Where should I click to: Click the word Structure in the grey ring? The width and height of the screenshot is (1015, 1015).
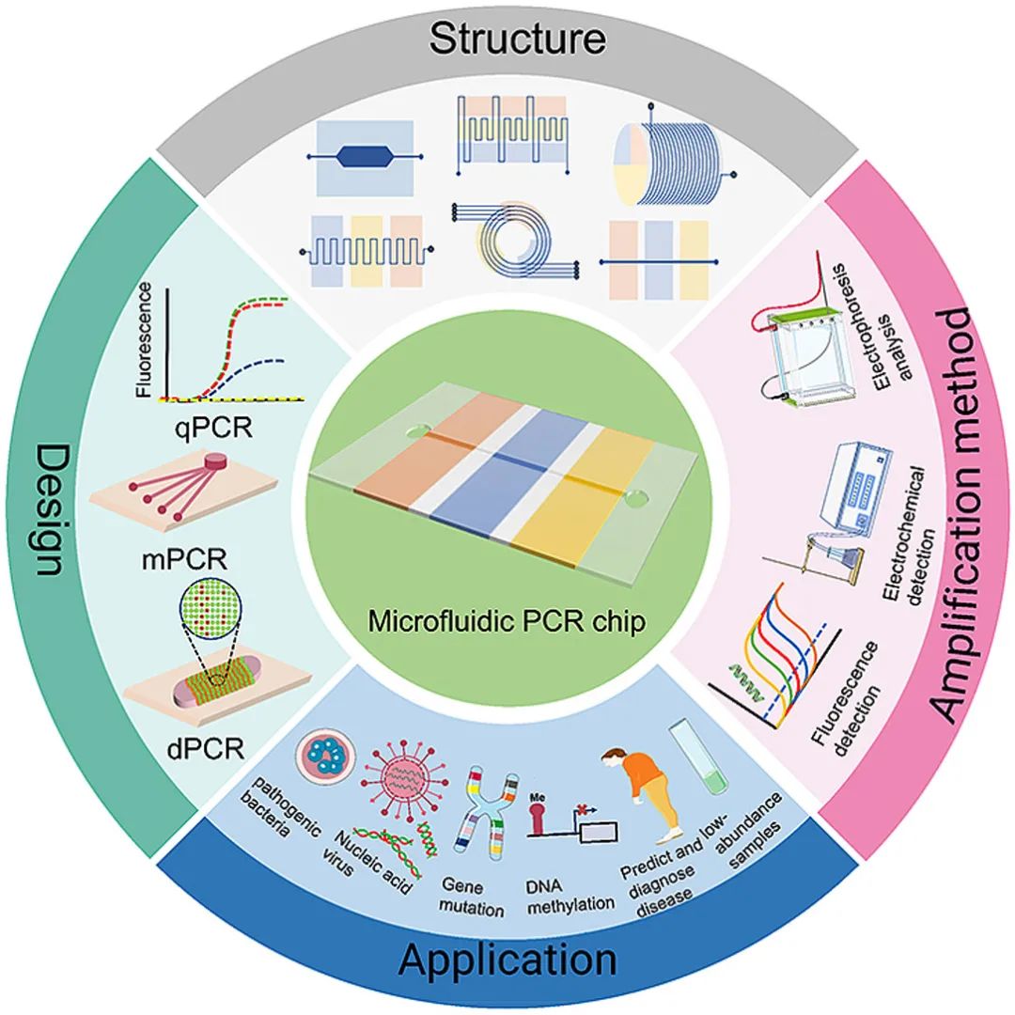point(517,39)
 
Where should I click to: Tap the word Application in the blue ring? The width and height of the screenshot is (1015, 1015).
point(508,960)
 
